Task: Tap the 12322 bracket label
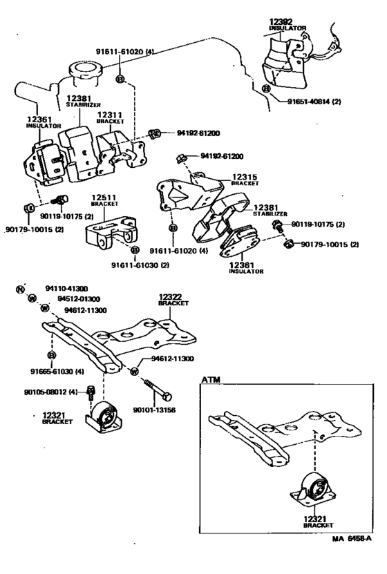pos(169,297)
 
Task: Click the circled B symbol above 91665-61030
pos(51,354)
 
